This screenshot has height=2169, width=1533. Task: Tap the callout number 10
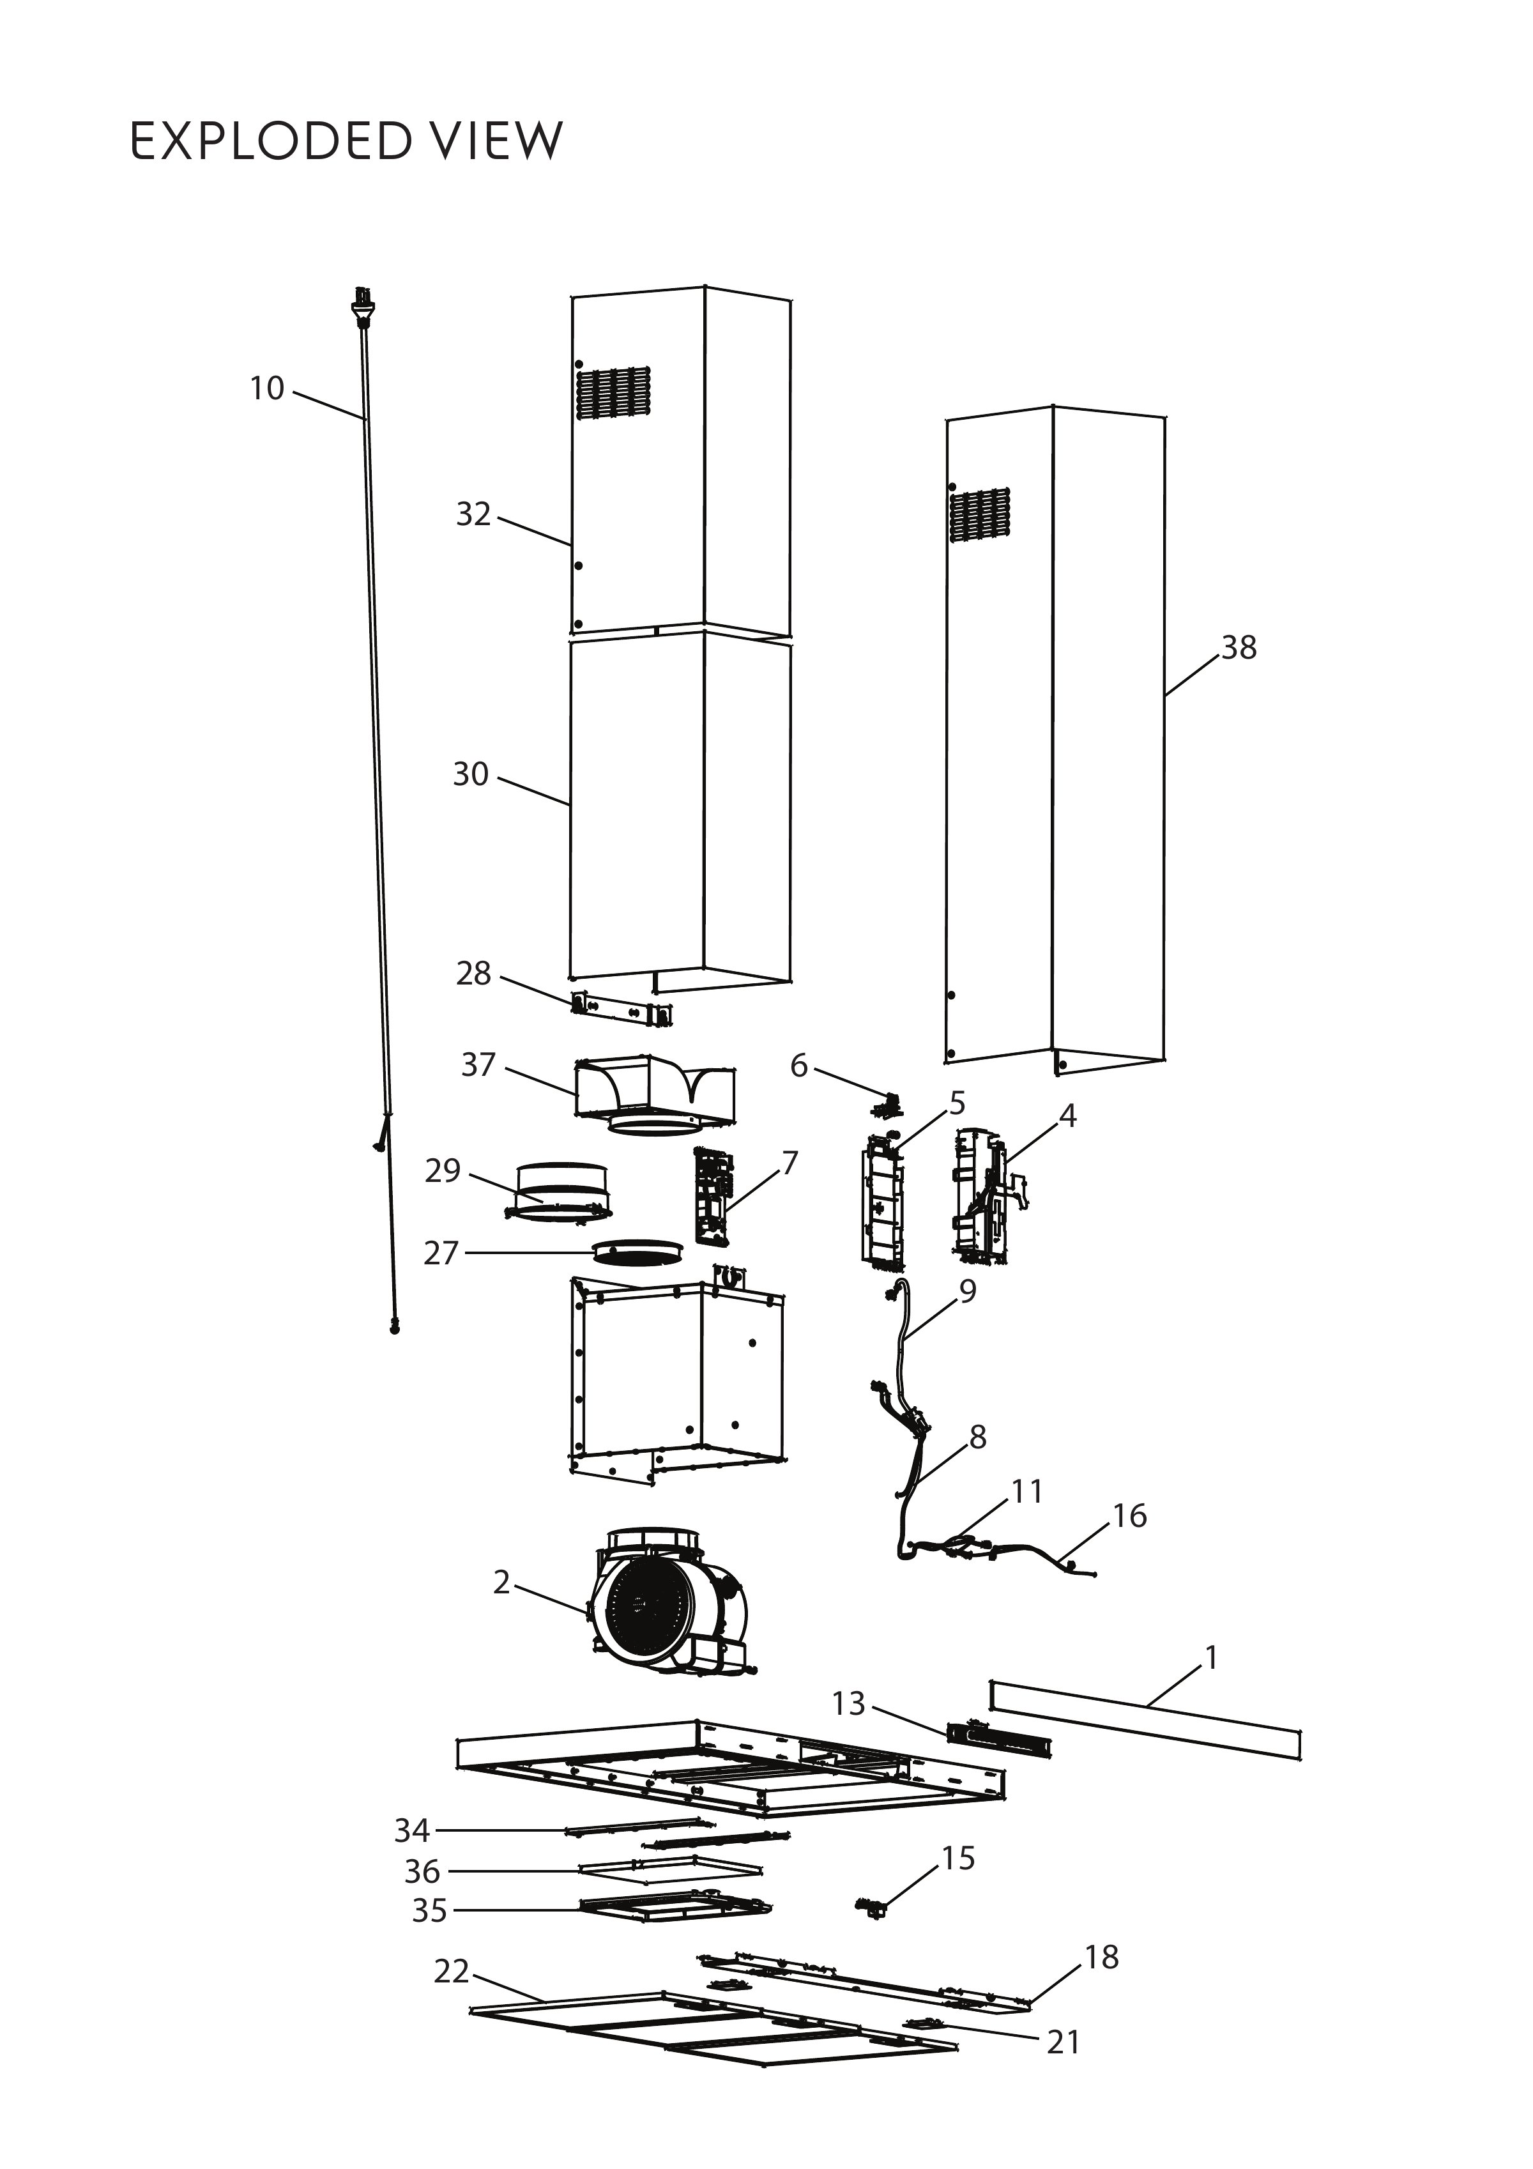[x=266, y=388]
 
